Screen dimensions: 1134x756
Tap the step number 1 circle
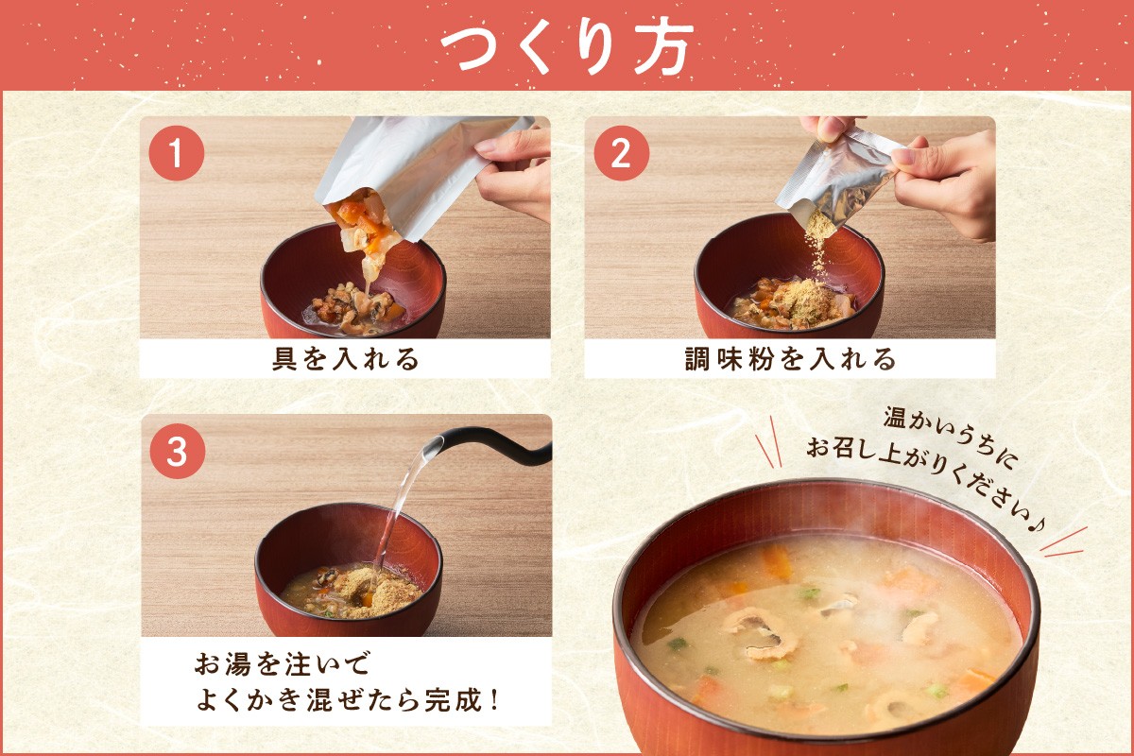click(176, 153)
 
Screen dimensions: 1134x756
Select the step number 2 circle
click(621, 153)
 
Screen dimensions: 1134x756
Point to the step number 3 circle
click(178, 451)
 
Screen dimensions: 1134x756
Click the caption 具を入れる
click(346, 358)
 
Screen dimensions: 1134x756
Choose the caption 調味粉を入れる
click(790, 358)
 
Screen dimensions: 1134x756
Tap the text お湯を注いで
click(283, 663)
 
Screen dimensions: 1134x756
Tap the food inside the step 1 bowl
click(354, 312)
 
